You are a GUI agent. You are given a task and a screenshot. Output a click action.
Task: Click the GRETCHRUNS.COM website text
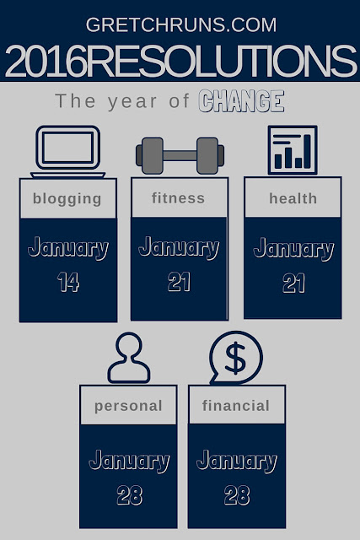coord(181,24)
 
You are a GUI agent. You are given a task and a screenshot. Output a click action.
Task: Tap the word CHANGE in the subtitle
coord(241,101)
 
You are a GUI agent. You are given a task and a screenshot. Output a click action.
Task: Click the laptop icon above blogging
coord(67,152)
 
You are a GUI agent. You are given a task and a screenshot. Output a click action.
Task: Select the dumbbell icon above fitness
coord(180,155)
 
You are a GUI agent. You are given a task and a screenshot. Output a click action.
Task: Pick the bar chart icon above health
coord(293,150)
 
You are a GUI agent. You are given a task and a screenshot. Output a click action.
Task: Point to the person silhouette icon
coord(129,358)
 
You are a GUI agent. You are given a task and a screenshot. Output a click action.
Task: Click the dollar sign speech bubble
coord(236,358)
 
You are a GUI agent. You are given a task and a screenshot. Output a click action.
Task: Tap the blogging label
coord(67,199)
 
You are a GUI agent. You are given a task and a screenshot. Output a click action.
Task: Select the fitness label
coord(178,198)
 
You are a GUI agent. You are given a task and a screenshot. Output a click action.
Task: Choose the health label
coord(293,198)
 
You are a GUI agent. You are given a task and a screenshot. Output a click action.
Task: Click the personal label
coord(128,406)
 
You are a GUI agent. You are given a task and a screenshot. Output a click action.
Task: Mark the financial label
coord(236,405)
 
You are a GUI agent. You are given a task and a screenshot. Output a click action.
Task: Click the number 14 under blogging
coord(68,282)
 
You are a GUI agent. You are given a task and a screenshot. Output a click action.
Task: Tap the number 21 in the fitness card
coord(179,282)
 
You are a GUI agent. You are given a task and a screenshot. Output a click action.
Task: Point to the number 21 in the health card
coord(293,283)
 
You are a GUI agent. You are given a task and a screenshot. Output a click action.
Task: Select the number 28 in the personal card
coord(129,495)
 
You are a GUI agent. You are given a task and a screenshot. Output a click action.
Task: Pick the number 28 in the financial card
coord(237,495)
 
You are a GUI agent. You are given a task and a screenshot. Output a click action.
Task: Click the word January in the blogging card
coord(68,248)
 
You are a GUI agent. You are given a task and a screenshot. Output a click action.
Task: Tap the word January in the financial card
coord(237,462)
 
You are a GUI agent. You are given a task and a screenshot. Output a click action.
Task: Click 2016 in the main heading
coord(45,62)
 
